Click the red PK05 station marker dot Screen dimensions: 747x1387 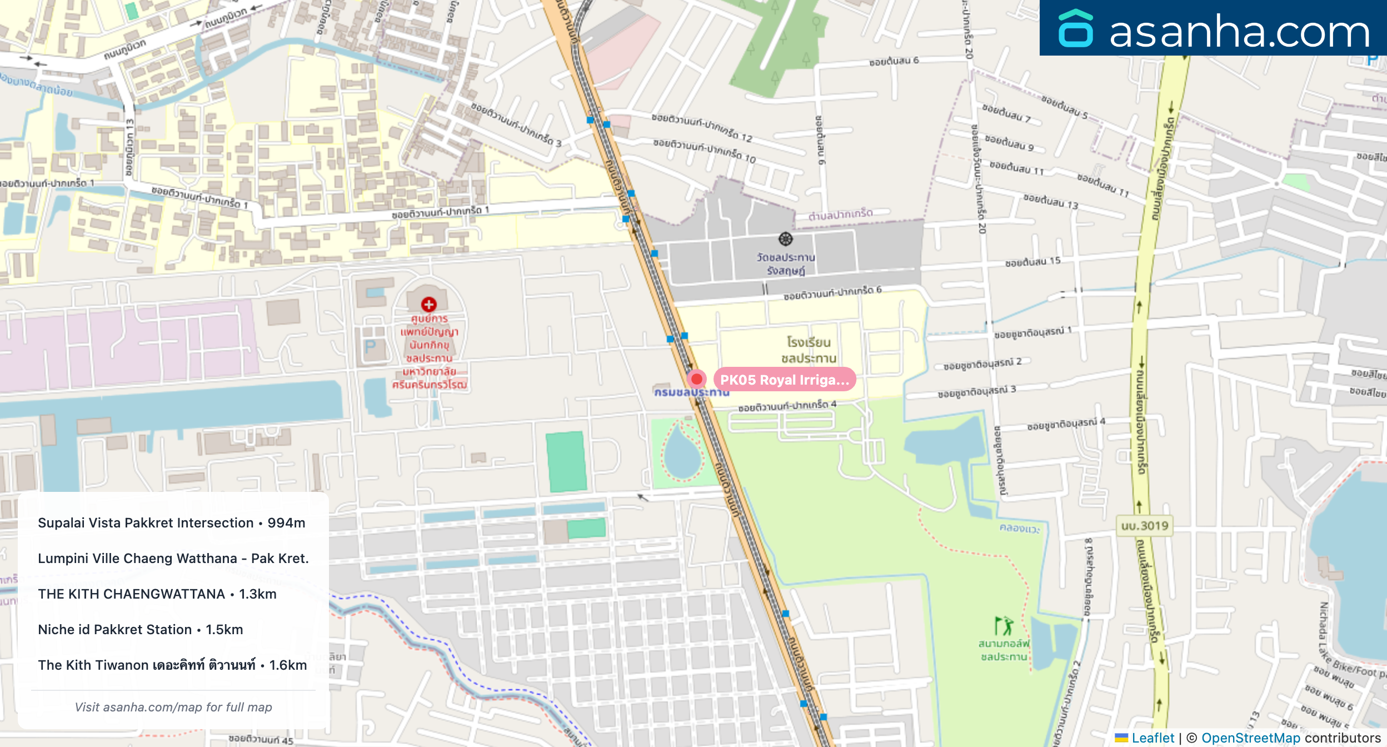point(696,379)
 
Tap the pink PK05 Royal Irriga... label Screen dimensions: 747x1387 point(784,380)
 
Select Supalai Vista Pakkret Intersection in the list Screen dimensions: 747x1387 point(171,523)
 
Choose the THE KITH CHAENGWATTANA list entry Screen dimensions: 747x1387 point(157,594)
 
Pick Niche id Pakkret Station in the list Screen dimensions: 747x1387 point(141,630)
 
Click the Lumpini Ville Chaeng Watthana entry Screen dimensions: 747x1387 point(173,559)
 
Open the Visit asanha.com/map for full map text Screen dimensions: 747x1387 point(173,707)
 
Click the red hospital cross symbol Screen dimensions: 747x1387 point(428,304)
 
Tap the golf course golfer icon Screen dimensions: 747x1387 point(1004,625)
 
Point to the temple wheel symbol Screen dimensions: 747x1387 point(785,239)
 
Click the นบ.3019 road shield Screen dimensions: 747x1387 point(1145,526)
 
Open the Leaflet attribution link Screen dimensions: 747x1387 point(1152,738)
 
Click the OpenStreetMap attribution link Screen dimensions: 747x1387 point(1250,738)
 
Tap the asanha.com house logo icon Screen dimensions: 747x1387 point(1075,29)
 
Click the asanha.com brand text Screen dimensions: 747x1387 point(1239,32)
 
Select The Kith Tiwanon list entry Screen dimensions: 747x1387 point(172,665)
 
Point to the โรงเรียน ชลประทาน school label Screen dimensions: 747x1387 point(809,350)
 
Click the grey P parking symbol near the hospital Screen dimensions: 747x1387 point(370,347)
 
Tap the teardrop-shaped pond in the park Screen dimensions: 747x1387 point(681,452)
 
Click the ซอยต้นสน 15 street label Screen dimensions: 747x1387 point(1032,261)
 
